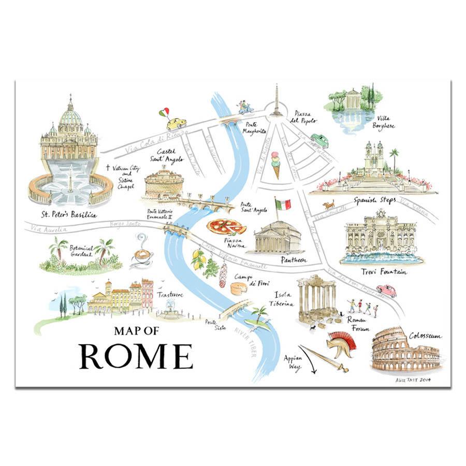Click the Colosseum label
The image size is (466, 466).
(x=425, y=336)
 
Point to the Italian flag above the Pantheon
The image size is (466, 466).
(x=283, y=203)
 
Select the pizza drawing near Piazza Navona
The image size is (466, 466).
(x=226, y=226)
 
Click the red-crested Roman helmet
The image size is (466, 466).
(x=340, y=343)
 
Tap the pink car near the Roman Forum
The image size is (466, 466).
(x=386, y=290)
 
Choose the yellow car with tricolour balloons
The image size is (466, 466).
(x=176, y=123)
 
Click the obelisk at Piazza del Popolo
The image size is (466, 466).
(x=276, y=100)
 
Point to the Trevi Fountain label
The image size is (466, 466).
(x=384, y=271)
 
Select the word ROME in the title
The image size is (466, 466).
(x=136, y=356)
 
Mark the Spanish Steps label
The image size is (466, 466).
(x=375, y=200)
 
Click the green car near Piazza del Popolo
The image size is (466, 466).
(x=319, y=140)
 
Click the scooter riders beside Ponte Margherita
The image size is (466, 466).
(x=243, y=107)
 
